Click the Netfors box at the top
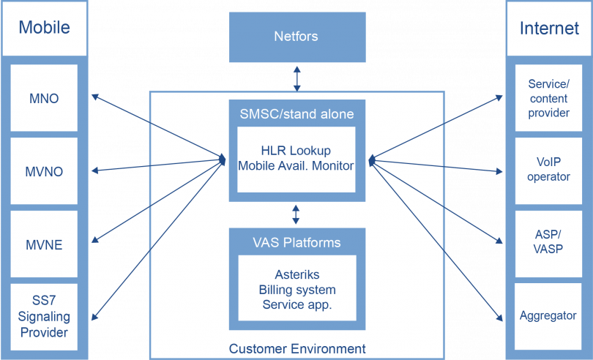tap(296, 36)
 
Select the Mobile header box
tap(44, 28)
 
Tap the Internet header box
tap(549, 28)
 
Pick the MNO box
tap(44, 98)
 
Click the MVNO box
tap(44, 172)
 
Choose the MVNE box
tap(44, 244)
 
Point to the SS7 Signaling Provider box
tap(44, 317)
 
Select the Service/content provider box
tap(549, 98)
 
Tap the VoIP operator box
tap(549, 170)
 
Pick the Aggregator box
tap(549, 316)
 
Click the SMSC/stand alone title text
tap(296, 114)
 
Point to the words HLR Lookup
tap(296, 151)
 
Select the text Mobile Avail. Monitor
tap(296, 166)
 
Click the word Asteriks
tap(296, 274)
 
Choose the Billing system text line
tap(296, 290)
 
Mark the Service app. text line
tap(296, 304)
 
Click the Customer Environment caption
tap(296, 348)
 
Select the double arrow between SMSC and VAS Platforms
tap(296, 214)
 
